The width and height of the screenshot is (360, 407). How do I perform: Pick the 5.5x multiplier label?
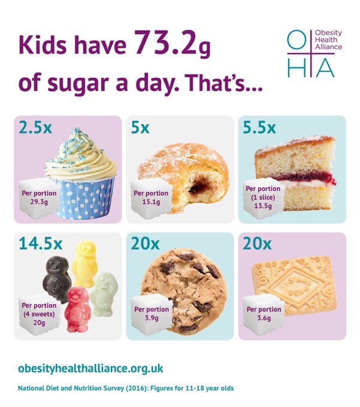pyautogui.click(x=259, y=128)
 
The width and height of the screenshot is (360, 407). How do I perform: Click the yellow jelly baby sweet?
pyautogui.click(x=84, y=263)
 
